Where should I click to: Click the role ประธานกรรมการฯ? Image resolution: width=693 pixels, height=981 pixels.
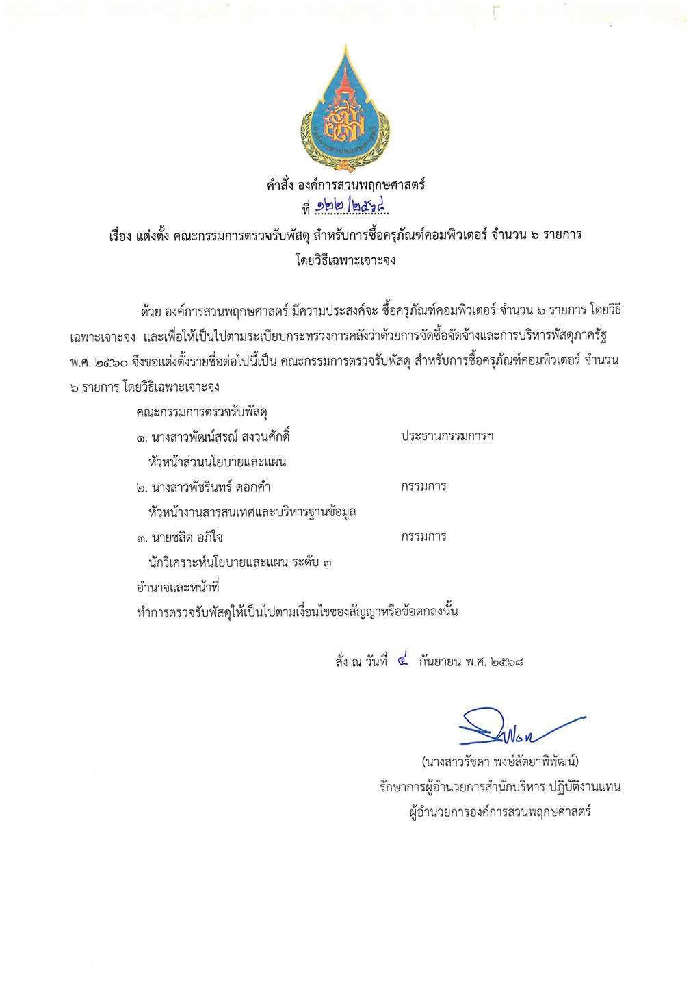tap(447, 436)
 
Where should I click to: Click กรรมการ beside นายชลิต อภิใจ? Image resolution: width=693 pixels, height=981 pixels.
tap(423, 537)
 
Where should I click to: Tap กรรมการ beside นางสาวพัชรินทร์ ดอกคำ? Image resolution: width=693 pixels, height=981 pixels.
tap(423, 487)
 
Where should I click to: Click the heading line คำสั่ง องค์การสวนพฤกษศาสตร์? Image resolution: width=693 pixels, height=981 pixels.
tap(345, 184)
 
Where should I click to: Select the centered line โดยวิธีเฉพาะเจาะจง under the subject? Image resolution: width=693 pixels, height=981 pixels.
tap(345, 260)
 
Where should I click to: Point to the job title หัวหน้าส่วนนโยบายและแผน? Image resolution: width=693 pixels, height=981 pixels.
tap(217, 461)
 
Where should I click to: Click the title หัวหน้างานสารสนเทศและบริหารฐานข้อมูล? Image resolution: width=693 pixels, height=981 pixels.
tap(252, 512)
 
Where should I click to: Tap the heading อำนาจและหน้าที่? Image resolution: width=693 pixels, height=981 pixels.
tap(178, 587)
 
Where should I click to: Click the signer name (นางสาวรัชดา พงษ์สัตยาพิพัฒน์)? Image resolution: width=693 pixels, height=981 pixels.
tap(500, 761)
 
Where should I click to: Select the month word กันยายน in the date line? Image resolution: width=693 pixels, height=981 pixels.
tap(440, 662)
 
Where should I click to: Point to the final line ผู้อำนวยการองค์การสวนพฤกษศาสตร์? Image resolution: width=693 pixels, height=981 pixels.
tap(500, 813)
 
